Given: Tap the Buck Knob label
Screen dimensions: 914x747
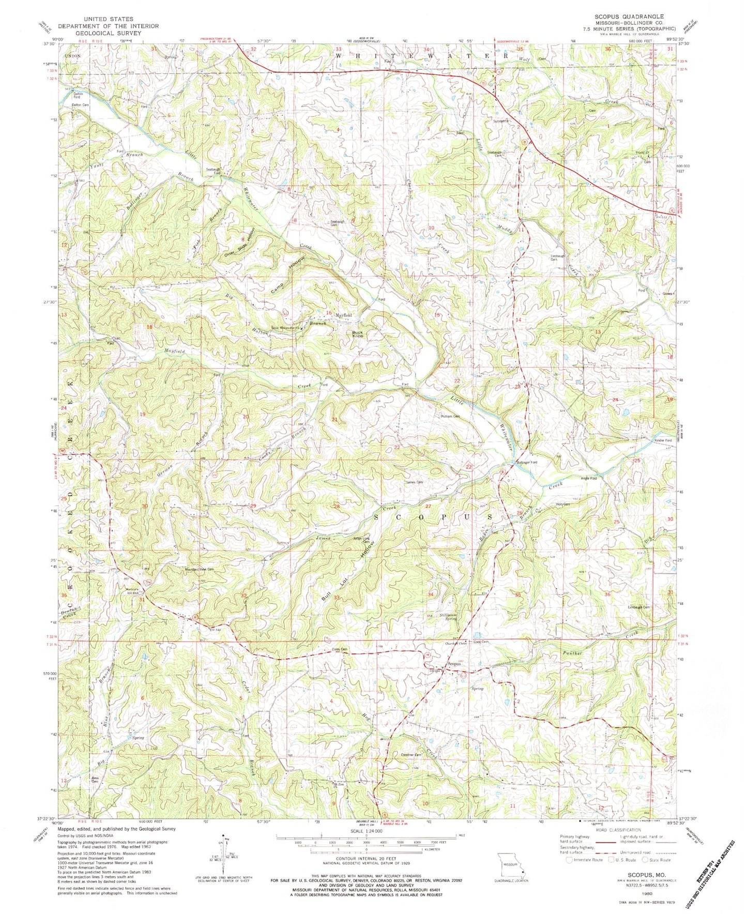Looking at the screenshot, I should point(358,334).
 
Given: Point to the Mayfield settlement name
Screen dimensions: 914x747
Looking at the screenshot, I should point(344,315).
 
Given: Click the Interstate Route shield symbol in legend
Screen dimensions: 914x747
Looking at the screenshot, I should point(569,860).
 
